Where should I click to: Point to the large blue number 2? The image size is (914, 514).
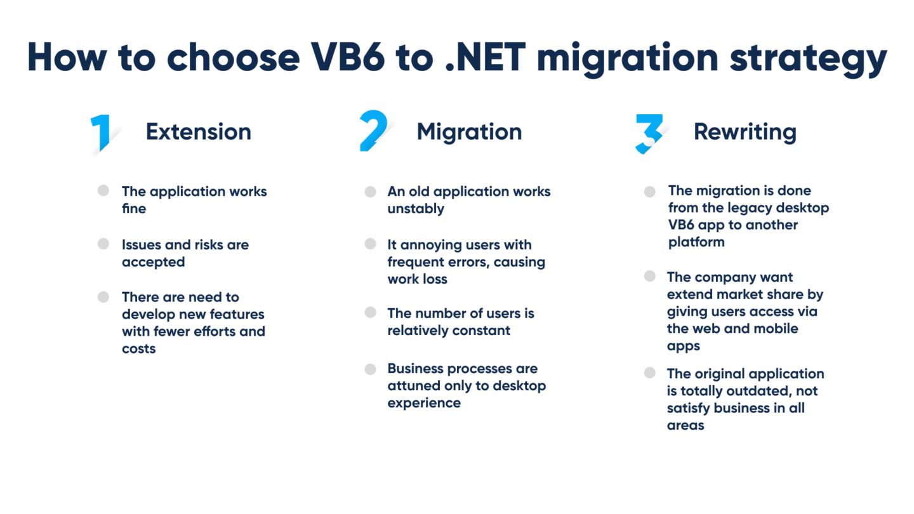point(374,131)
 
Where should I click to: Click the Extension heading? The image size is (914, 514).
point(199,131)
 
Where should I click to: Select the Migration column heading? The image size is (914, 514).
point(469,131)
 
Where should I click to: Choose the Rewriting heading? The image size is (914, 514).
point(745,131)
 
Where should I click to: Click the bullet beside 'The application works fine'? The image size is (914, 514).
point(103,190)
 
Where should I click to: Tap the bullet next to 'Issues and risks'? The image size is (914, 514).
point(103,244)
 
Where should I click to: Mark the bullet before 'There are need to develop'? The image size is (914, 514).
point(103,296)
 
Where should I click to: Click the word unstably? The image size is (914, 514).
point(416,209)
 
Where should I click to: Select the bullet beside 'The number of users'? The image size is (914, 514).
point(370,313)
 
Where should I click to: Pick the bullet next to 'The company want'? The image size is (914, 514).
point(649,276)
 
